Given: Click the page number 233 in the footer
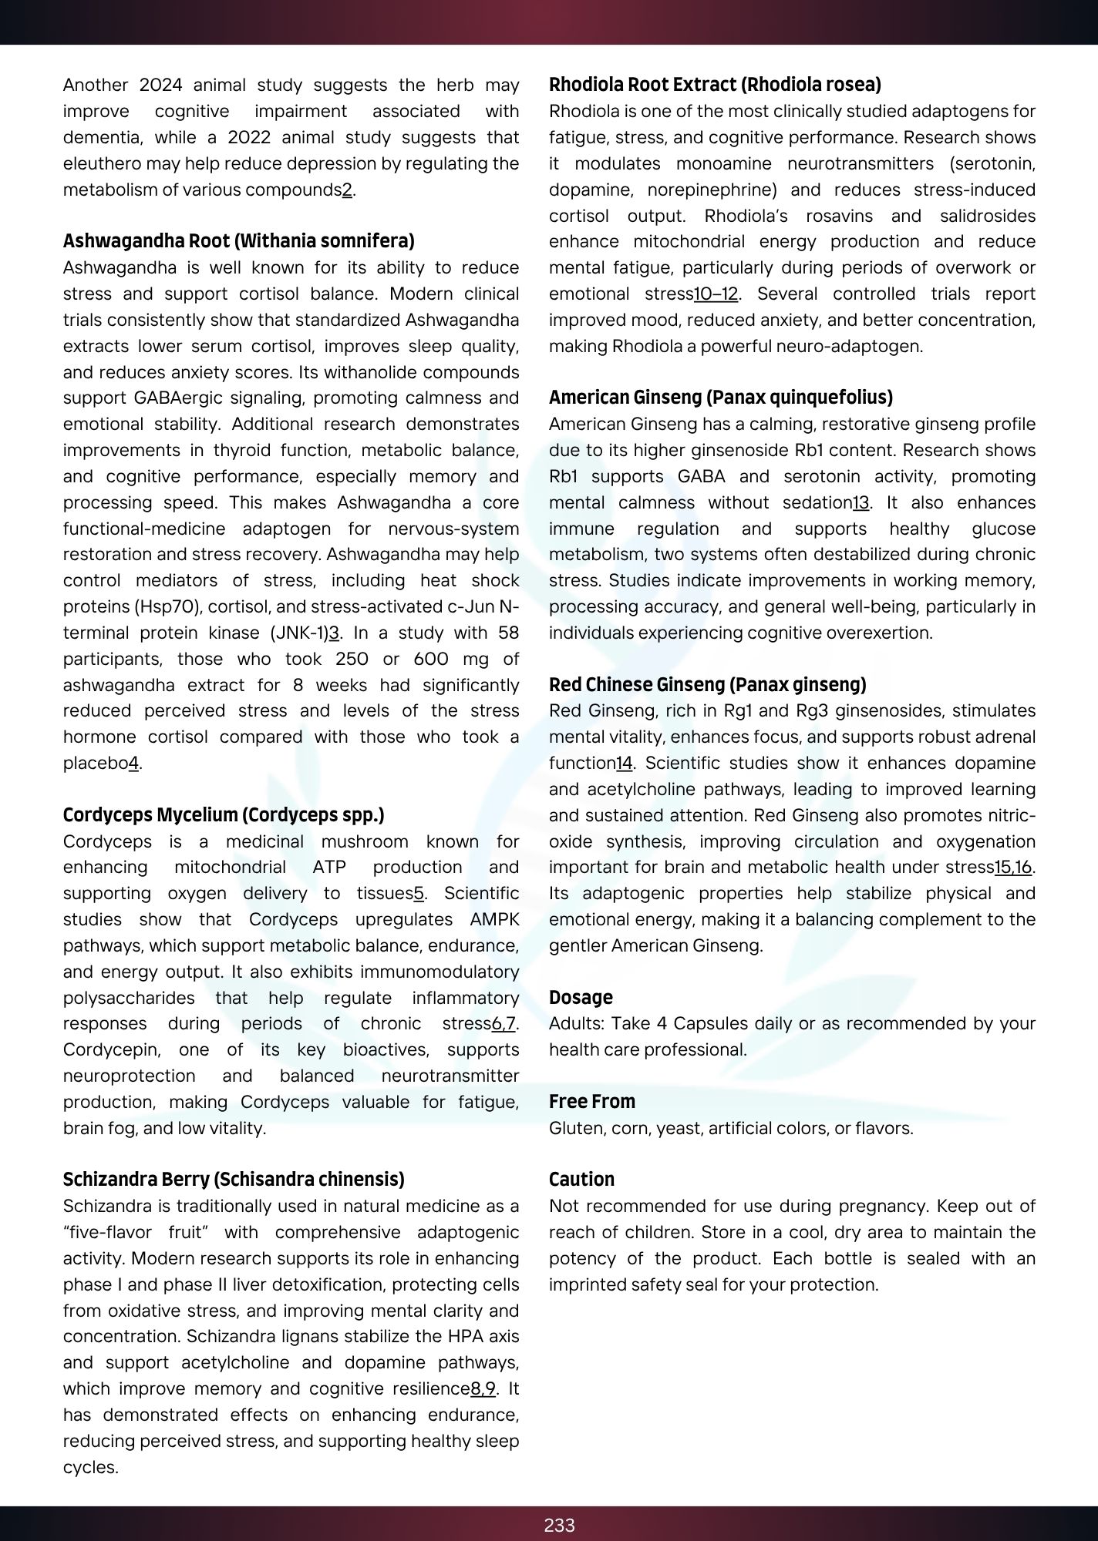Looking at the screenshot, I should point(559,1525).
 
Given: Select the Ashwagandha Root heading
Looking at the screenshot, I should point(238,241).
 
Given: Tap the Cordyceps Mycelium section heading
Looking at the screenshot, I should point(224,814).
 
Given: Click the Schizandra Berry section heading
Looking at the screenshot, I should point(234,1179).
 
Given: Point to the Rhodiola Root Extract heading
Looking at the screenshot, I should point(715,84).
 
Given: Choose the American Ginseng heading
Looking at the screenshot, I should point(720,398).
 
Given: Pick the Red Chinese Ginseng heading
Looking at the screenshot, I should point(707,684).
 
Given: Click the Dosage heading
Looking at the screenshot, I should point(581,997).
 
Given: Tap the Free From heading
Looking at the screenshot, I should point(591,1101).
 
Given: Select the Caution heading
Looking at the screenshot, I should point(581,1179).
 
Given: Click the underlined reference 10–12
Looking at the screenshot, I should point(716,294).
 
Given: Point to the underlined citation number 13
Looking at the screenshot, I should point(861,502).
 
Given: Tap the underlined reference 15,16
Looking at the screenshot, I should point(1012,867).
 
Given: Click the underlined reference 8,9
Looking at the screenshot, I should point(483,1388).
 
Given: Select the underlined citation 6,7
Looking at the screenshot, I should point(504,1023).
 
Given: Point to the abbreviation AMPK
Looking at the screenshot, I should point(494,919).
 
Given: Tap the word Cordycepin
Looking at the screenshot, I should point(112,1049).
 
